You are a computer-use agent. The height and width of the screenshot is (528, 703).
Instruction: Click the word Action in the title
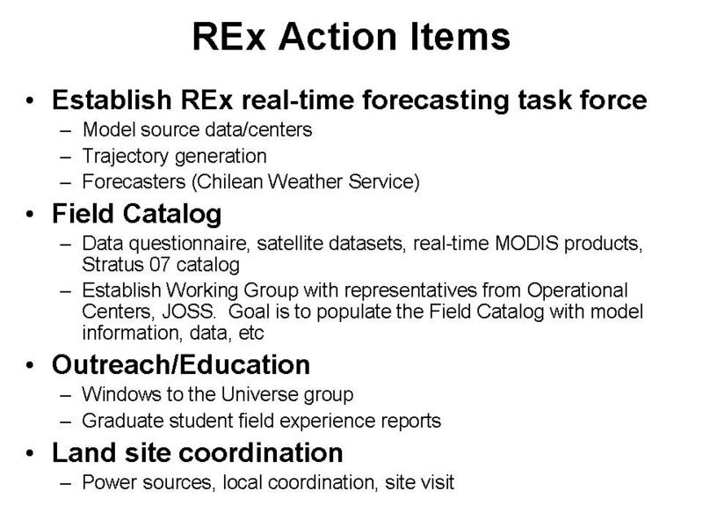click(x=337, y=37)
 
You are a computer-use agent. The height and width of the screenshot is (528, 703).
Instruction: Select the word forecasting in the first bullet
click(x=435, y=100)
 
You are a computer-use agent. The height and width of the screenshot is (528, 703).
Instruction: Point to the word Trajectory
click(x=126, y=157)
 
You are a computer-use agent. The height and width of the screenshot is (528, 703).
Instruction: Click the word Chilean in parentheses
click(x=229, y=182)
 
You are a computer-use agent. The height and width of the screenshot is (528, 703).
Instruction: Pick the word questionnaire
click(x=188, y=244)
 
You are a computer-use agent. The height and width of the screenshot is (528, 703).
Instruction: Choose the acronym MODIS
click(x=526, y=243)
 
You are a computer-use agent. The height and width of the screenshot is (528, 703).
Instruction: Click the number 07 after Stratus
click(x=159, y=265)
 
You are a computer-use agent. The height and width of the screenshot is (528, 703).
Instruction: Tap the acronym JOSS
click(x=188, y=312)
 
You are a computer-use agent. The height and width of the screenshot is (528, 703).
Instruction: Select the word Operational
click(x=576, y=290)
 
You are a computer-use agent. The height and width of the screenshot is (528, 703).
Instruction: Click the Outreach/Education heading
click(x=181, y=364)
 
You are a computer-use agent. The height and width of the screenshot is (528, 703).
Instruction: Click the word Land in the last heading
click(x=84, y=452)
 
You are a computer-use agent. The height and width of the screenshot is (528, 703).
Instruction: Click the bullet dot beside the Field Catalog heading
click(x=30, y=215)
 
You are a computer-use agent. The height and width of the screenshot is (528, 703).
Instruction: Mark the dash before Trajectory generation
click(x=65, y=158)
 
